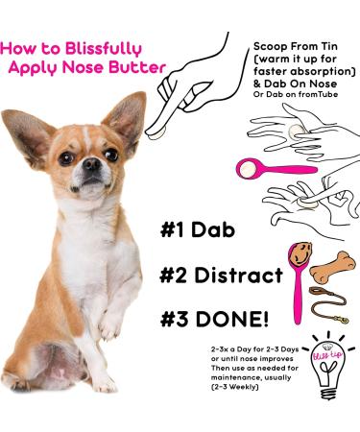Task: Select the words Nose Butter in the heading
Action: point(122,67)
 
